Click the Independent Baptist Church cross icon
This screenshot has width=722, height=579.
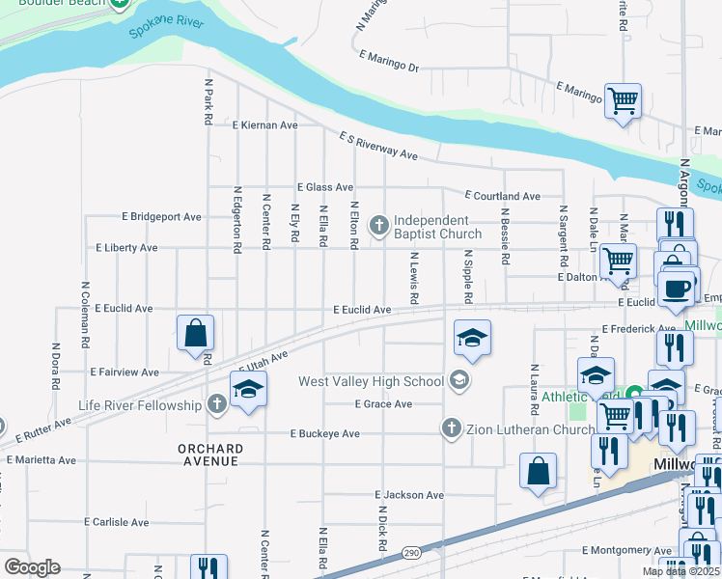tap(379, 227)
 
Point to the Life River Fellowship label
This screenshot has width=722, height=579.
tap(140, 405)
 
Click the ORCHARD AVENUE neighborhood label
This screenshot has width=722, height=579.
tap(210, 455)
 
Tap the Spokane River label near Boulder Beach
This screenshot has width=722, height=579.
tap(166, 28)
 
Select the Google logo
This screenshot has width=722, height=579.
tap(32, 567)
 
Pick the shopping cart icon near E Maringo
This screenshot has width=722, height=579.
tap(624, 99)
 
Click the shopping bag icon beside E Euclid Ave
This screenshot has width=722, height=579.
tap(196, 333)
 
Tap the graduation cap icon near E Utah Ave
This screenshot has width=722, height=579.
tap(248, 389)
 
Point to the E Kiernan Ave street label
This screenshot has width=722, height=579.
tap(264, 125)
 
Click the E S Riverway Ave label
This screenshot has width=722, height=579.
tap(377, 147)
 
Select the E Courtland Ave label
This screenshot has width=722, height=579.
tap(502, 196)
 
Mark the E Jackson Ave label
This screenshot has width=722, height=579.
tap(408, 495)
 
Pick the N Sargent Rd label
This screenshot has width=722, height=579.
tap(562, 236)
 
